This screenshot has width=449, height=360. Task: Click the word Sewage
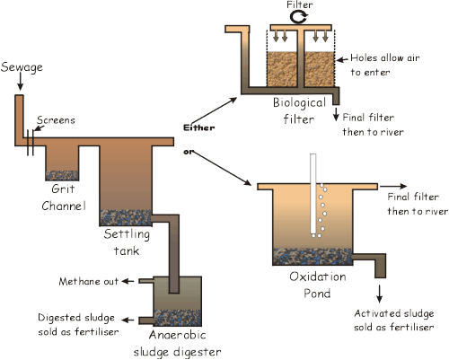click(22, 67)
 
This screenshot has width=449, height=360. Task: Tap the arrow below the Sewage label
click(20, 81)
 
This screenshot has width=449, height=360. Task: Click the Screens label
click(56, 120)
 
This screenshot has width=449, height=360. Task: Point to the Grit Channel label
click(63, 198)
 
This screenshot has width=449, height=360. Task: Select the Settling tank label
click(127, 242)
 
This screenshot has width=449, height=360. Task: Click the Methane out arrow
click(128, 281)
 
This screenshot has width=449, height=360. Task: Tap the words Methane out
click(89, 282)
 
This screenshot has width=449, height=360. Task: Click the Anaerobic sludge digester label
click(178, 344)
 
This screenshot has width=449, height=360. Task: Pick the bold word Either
click(199, 127)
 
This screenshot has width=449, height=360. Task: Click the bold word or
click(189, 152)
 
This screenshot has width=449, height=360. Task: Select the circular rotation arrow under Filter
click(299, 17)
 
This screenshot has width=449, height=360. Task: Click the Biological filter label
click(299, 111)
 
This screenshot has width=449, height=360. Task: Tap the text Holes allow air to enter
click(385, 65)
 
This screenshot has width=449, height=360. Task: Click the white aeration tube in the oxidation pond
click(313, 194)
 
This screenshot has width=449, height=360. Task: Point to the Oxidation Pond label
click(318, 285)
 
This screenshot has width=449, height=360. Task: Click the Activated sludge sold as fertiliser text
click(394, 320)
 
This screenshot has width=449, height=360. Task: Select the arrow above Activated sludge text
click(380, 294)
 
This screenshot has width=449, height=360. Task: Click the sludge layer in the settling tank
click(126, 217)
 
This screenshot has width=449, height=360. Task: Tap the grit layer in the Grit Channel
click(62, 176)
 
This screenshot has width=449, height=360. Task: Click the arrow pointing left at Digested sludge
click(128, 320)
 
